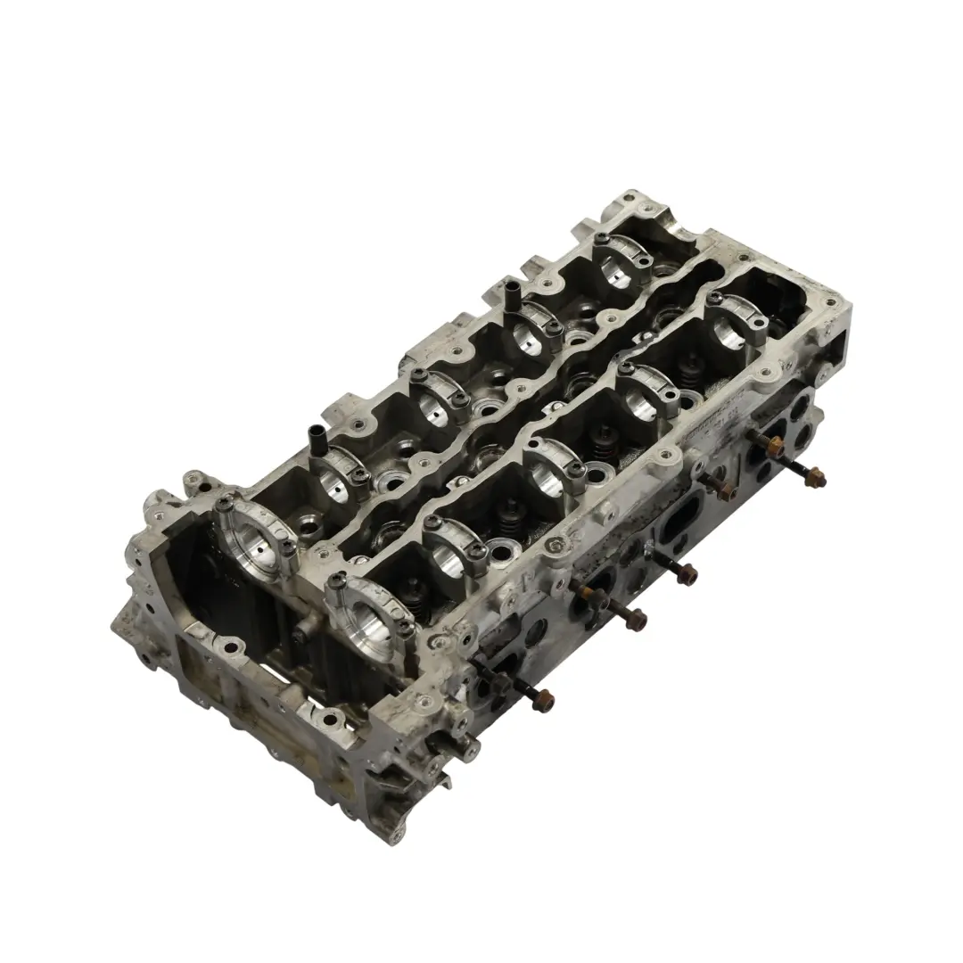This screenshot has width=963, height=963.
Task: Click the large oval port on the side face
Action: tap(683, 518)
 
